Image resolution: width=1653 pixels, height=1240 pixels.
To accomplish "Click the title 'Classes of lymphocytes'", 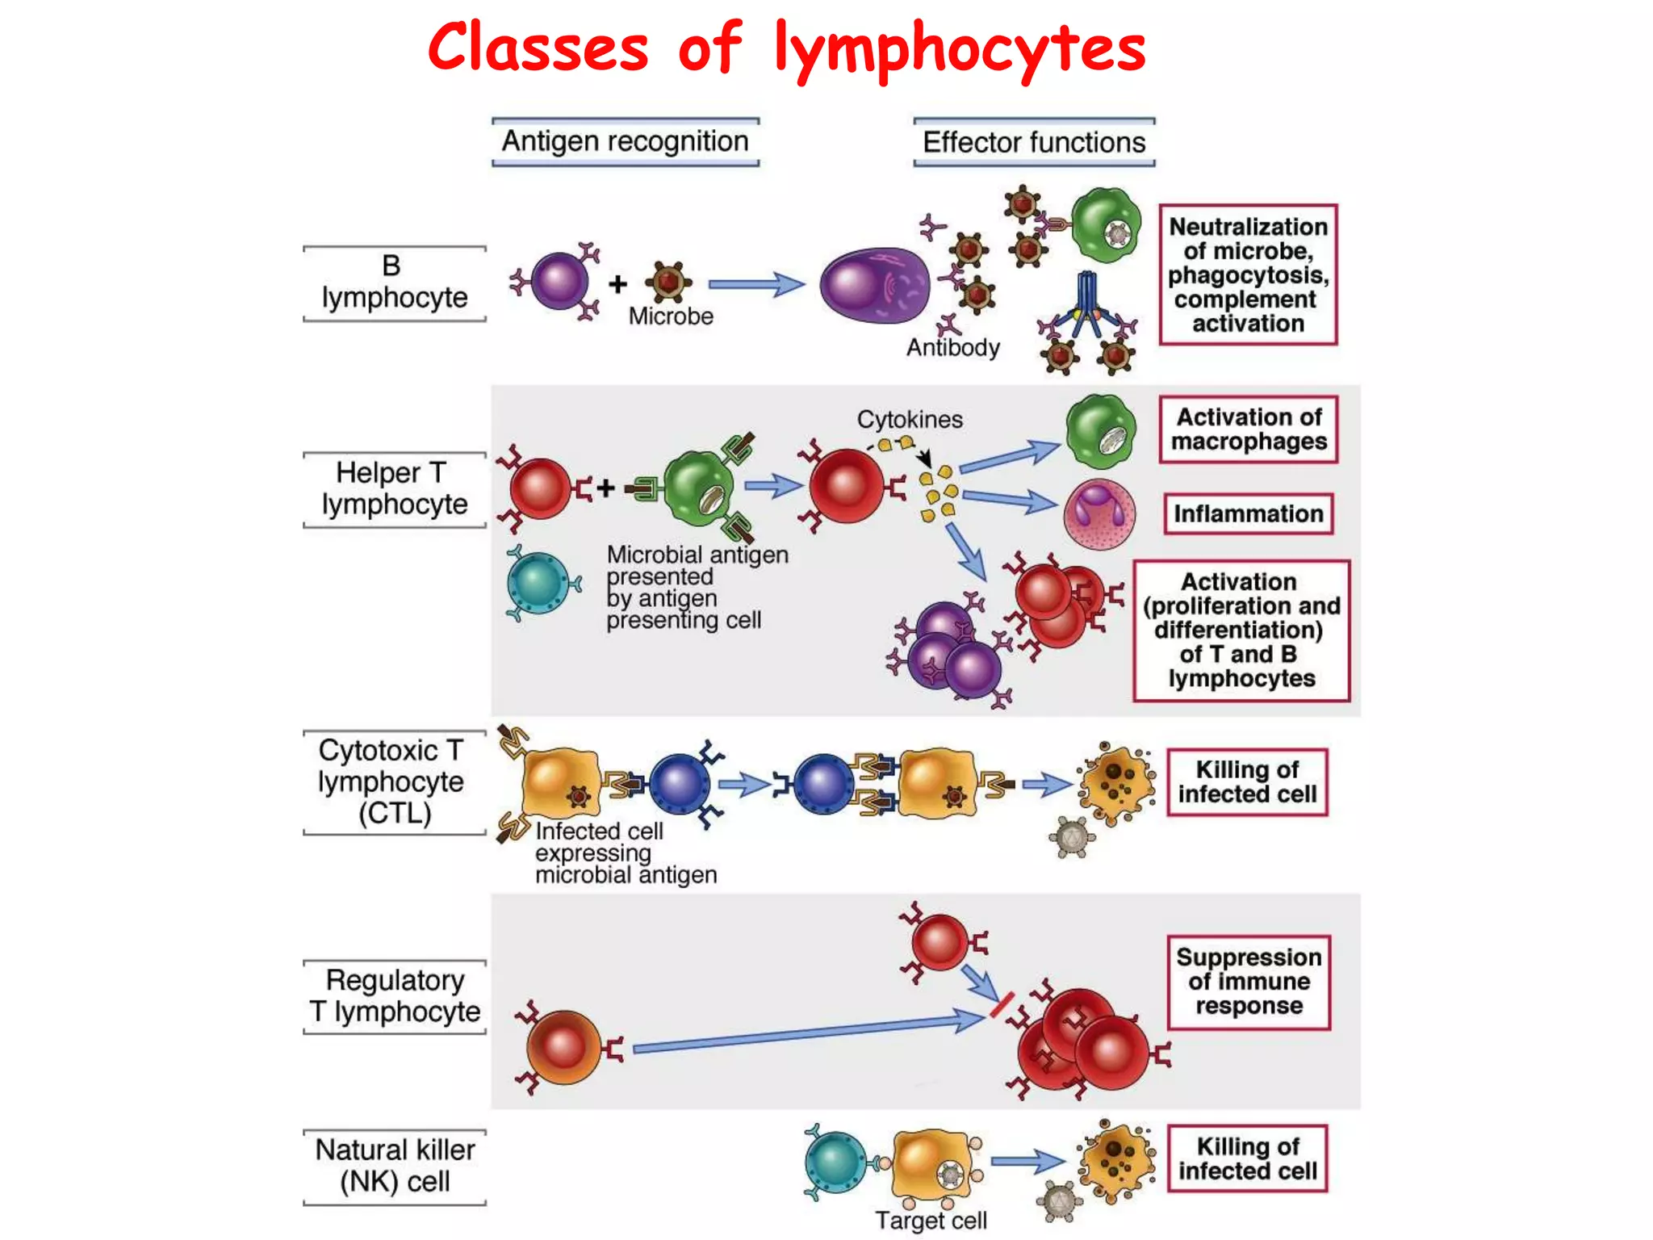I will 787,48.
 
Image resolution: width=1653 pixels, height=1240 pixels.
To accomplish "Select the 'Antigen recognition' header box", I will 626,142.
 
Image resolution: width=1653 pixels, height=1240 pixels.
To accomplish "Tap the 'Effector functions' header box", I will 1034,143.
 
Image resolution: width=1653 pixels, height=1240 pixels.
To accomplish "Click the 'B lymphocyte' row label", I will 394,283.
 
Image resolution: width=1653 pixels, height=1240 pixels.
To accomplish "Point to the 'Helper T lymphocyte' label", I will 394,488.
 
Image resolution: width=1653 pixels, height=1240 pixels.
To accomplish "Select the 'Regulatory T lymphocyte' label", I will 395,995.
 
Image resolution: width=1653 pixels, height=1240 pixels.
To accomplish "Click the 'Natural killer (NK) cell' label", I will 395,1166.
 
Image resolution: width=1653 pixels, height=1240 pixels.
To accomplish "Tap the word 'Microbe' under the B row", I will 671,316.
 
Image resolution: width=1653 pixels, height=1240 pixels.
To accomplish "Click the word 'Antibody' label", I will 952,348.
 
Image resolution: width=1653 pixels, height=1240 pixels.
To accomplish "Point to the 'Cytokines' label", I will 910,420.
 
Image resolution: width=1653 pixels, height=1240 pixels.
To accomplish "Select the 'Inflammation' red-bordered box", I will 1248,514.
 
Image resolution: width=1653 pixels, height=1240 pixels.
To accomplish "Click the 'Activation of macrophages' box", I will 1248,429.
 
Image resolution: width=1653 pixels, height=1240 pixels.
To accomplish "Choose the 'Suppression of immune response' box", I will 1248,982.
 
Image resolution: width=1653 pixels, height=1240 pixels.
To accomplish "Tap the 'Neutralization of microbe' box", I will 1248,275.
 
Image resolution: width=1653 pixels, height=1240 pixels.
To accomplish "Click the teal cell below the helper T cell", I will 539,583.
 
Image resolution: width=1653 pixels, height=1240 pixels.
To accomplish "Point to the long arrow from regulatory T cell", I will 807,1033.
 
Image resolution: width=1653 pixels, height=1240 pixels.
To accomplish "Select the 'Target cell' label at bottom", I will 931,1221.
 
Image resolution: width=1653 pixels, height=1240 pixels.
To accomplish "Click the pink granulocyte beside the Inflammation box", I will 1099,514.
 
